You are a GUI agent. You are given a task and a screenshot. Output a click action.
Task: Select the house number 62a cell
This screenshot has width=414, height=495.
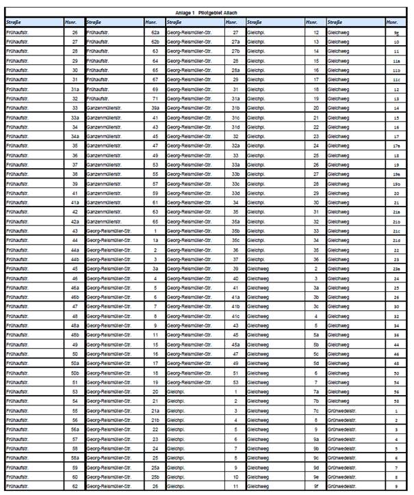[155, 32]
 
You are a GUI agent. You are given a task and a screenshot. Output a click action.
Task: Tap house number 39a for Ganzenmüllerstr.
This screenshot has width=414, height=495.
[155, 108]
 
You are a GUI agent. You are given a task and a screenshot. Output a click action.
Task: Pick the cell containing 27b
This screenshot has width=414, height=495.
[235, 51]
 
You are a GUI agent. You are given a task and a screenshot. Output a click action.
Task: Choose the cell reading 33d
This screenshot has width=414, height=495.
[235, 193]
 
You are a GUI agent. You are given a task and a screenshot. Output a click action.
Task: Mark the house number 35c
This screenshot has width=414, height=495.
[235, 240]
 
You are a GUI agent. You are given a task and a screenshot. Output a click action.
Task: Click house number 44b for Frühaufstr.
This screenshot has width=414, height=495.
[75, 259]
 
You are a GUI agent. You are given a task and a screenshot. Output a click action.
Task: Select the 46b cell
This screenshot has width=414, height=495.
[75, 297]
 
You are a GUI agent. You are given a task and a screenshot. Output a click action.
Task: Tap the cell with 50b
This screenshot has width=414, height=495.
[75, 373]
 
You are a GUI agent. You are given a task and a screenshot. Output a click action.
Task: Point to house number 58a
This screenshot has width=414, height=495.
[75, 457]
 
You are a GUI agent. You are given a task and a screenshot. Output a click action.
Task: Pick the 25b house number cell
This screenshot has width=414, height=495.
[155, 477]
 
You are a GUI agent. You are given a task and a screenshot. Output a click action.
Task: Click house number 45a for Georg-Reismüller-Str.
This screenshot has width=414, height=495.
[235, 345]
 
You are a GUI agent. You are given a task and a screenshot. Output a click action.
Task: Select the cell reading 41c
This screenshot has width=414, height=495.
[235, 316]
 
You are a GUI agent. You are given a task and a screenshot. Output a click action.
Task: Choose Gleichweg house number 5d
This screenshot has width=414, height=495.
[316, 363]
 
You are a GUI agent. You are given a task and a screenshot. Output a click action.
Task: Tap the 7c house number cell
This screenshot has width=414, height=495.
[316, 410]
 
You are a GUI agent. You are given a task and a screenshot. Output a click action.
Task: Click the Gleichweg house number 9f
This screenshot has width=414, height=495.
[316, 486]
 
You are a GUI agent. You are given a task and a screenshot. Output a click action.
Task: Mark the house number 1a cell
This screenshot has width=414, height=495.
[155, 240]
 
